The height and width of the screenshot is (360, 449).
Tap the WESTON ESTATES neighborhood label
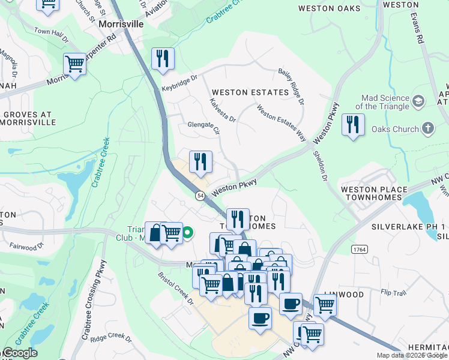point(250,92)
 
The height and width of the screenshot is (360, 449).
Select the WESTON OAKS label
point(330,8)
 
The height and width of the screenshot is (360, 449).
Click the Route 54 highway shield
point(199,196)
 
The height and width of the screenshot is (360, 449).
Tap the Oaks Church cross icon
point(427,128)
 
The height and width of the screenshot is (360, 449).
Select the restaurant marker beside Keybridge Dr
point(163,59)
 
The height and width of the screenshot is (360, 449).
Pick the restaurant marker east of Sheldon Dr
point(352,125)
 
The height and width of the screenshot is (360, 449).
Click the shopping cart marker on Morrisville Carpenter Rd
point(74,63)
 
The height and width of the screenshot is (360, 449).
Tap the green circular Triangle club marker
point(188,232)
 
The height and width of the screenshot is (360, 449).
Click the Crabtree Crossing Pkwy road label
point(95,300)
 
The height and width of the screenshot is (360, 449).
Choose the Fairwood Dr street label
point(27,246)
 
